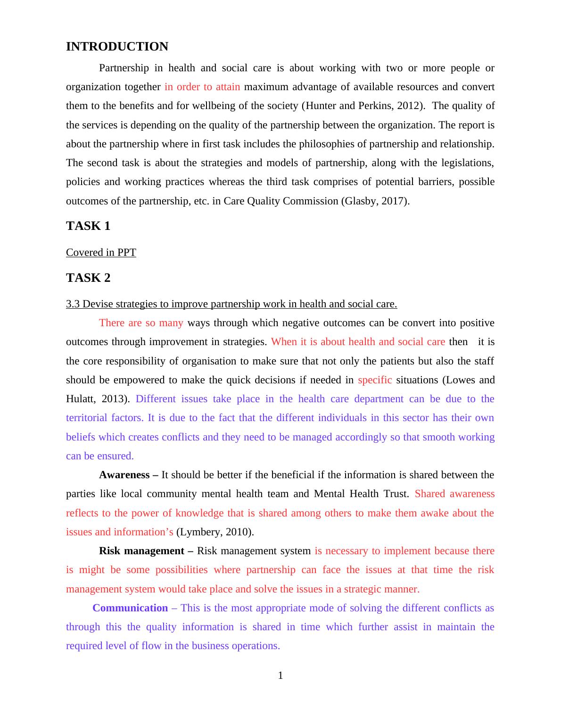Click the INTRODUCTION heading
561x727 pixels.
117,46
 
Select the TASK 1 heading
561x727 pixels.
88,226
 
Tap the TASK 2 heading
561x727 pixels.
88,278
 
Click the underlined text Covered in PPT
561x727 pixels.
101,253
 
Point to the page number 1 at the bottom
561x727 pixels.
280,676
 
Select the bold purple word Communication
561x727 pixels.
130,608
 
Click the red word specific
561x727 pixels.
375,380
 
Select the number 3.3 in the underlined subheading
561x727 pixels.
73,304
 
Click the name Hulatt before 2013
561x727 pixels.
81,399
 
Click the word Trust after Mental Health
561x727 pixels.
395,494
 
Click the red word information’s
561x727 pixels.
143,532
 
